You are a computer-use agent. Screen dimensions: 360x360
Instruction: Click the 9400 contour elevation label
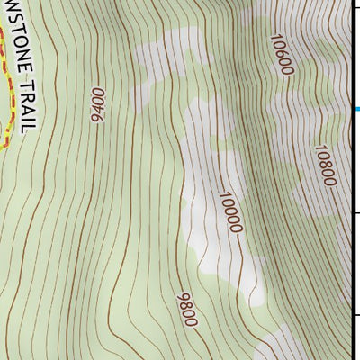click(x=97, y=103)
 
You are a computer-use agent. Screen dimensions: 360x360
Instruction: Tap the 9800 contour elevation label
click(x=187, y=309)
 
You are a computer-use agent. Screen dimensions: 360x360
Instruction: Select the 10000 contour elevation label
click(x=230, y=211)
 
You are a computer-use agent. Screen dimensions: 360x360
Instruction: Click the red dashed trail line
click(x=7, y=90)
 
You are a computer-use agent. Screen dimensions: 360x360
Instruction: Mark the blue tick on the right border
click(x=356, y=110)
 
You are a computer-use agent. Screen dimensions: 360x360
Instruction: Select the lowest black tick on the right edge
click(x=355, y=315)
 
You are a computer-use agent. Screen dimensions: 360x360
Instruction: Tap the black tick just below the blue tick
click(x=355, y=212)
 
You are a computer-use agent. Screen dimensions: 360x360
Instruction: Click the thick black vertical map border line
click(x=349, y=180)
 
